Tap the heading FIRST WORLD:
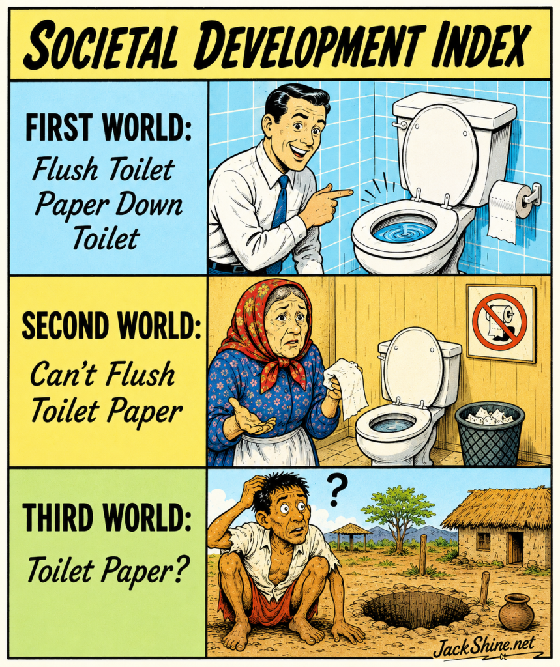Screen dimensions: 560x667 pos(108,128)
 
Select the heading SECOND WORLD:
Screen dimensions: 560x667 pos(111,326)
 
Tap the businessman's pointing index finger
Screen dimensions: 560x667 pos(338,193)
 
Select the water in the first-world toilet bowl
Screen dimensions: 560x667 pos(402,231)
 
